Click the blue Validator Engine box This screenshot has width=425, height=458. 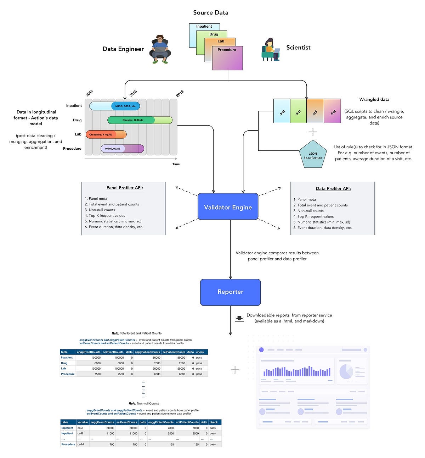[228, 207]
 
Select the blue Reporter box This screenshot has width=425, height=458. [230, 292]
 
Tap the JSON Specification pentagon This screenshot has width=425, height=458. [313, 155]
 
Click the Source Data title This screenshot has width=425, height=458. [211, 12]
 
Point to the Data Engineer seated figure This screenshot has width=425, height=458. [160, 49]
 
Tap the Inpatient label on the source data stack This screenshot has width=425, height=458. [204, 26]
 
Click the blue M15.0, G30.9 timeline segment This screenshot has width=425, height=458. [126, 106]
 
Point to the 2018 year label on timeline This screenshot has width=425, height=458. [180, 94]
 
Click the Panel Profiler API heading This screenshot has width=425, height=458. [125, 188]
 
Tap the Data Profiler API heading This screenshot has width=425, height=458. [333, 188]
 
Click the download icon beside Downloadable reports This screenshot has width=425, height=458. [239, 318]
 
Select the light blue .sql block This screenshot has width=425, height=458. [282, 111]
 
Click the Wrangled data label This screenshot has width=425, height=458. [374, 99]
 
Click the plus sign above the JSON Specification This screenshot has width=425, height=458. [313, 132]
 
